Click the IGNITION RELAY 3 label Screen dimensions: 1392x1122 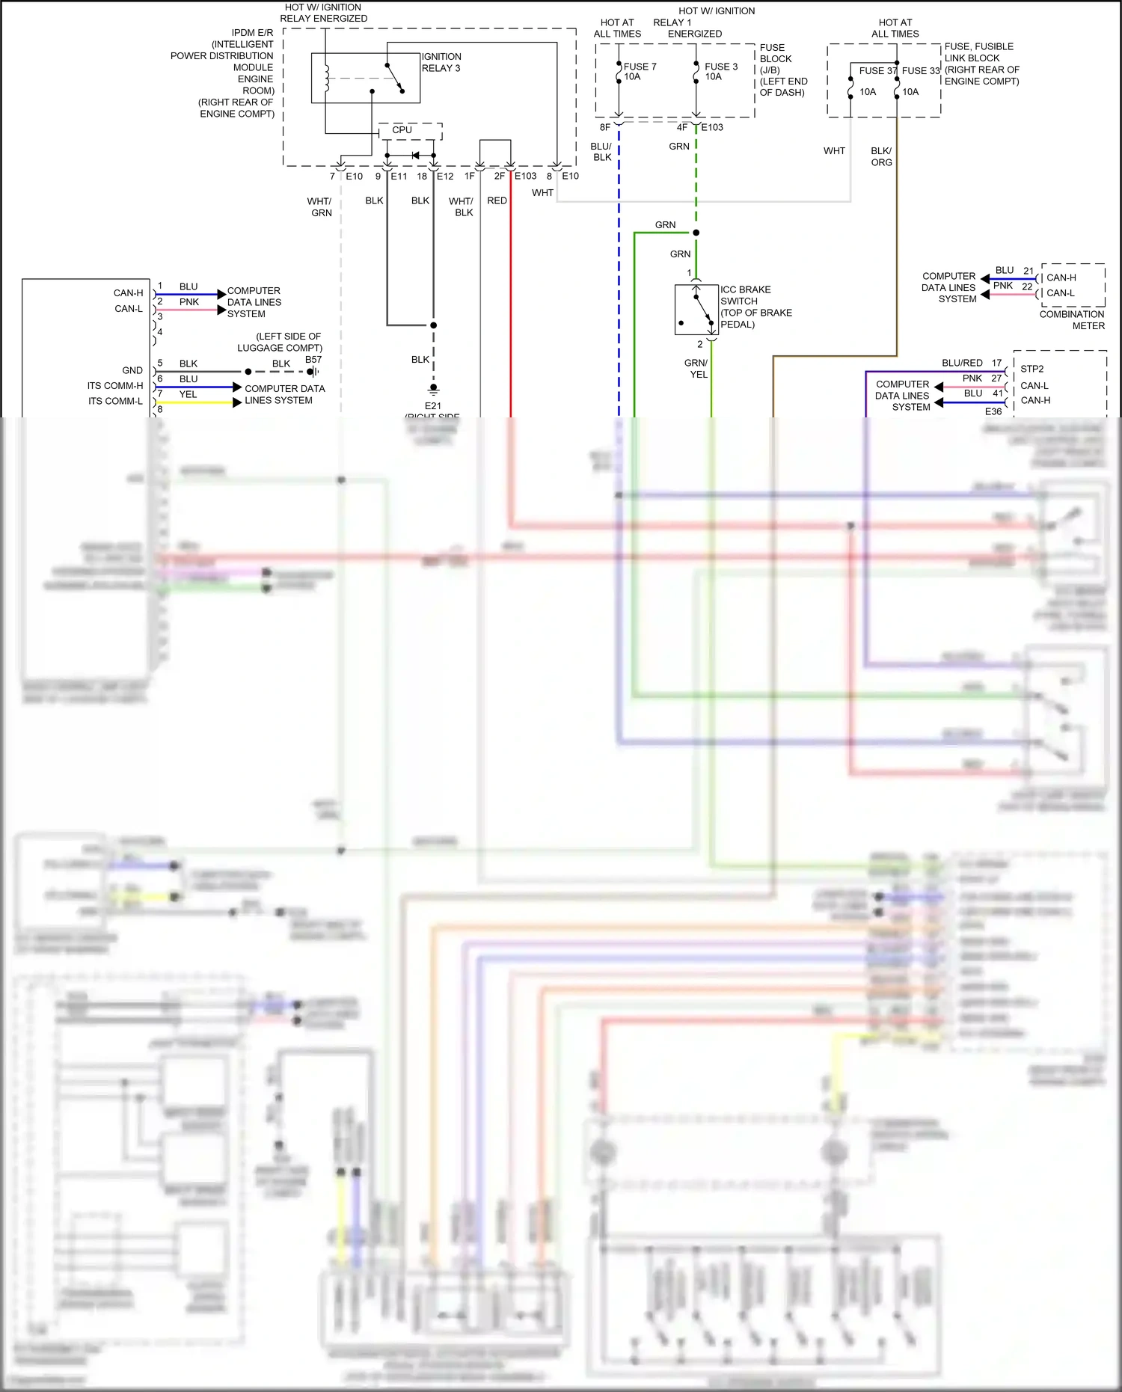click(441, 62)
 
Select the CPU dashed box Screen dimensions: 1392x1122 click(409, 131)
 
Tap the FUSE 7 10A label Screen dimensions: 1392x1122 click(640, 71)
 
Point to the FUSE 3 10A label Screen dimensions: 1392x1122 click(720, 71)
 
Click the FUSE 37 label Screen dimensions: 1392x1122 click(876, 71)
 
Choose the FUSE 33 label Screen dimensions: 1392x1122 click(920, 71)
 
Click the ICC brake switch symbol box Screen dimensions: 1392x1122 click(696, 310)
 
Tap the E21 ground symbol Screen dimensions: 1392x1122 click(433, 390)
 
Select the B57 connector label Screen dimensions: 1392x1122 click(313, 360)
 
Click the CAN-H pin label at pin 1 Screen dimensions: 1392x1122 click(128, 293)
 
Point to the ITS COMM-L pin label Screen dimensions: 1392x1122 click(115, 401)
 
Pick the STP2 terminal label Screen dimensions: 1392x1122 click(1031, 369)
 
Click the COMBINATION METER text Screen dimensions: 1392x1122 click(1072, 320)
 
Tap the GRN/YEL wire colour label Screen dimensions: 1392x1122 click(696, 369)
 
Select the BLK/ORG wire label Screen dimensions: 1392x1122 click(881, 156)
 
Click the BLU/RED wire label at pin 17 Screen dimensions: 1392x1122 click(962, 363)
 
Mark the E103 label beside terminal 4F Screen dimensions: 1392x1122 click(712, 127)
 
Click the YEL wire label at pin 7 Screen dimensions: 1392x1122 click(188, 394)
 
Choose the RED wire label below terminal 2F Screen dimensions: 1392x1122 click(497, 200)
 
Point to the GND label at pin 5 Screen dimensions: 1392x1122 click(132, 370)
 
